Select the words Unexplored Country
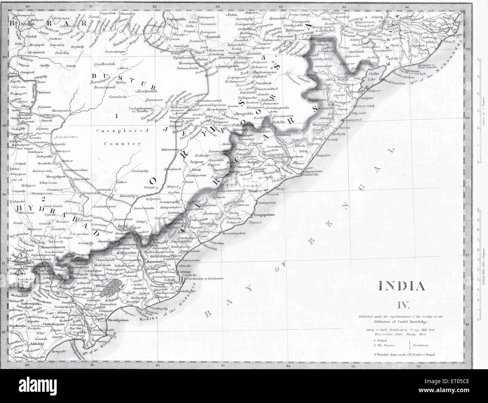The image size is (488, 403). coord(118,137)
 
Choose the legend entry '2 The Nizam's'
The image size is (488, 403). coord(386,345)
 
